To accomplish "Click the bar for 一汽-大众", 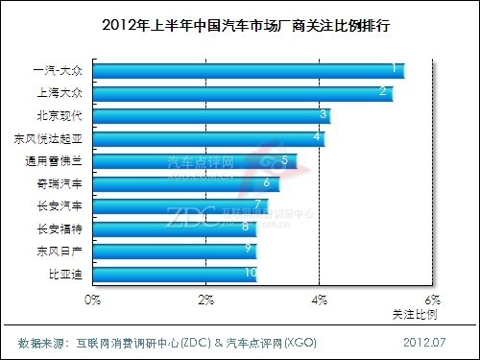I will (248, 70).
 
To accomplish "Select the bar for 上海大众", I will (242, 93).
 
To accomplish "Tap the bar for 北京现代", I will (211, 116).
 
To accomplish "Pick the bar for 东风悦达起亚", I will (208, 138).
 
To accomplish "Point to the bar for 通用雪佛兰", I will (195, 160).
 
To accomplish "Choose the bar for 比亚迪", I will (175, 274).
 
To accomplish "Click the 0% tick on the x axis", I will (93, 300).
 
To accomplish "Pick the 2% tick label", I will (205, 300).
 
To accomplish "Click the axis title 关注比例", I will (415, 314).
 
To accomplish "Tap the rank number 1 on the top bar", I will (394, 68).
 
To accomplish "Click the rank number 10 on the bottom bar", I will (250, 274).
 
